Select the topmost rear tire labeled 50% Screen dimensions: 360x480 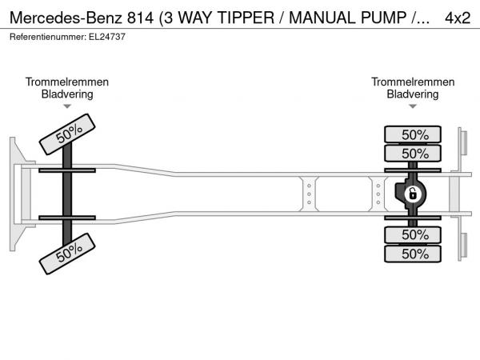point(414,134)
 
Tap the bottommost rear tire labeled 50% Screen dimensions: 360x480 point(414,253)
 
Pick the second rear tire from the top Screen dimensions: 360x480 point(414,153)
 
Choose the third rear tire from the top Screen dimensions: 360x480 point(414,234)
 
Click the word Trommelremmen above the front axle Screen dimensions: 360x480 point(67,82)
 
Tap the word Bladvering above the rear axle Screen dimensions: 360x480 point(413,94)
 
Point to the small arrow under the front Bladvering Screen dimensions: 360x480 point(67,106)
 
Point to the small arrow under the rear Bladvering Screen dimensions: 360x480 point(413,106)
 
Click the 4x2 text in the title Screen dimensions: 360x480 point(457,16)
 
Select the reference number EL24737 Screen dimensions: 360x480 point(106,37)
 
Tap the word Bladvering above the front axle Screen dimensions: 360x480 point(67,94)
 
